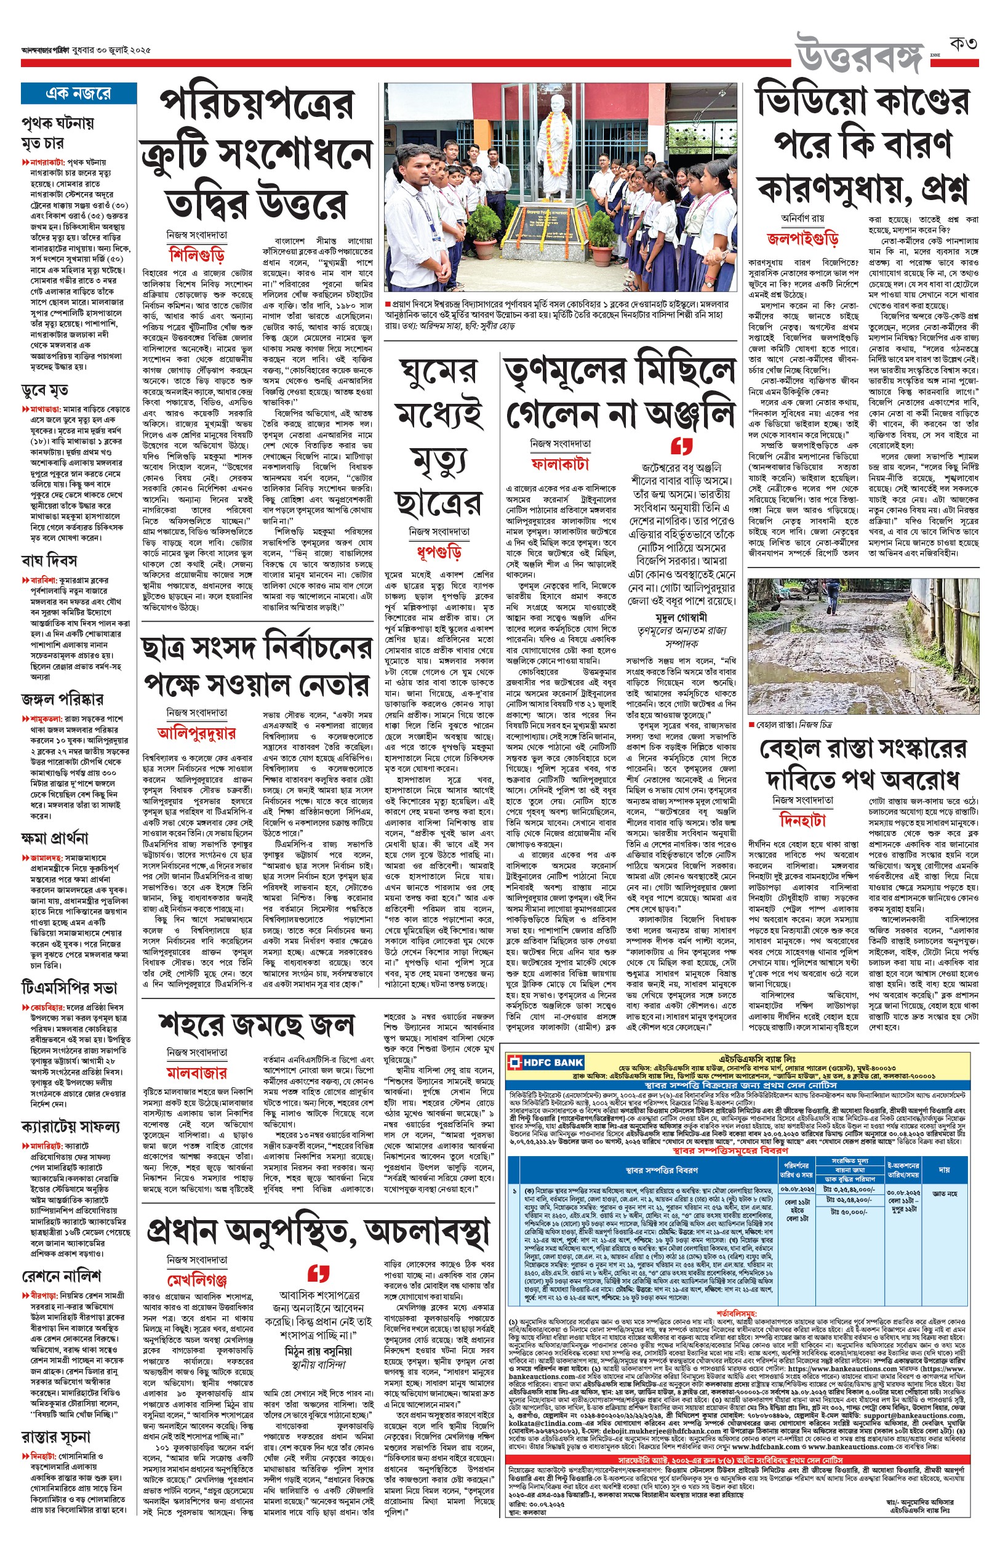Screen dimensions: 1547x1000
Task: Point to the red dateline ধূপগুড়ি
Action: tap(439, 552)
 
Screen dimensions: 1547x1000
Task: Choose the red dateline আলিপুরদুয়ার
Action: tap(197, 733)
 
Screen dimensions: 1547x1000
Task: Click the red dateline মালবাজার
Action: tap(197, 1072)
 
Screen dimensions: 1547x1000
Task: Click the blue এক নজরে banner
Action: tap(79, 94)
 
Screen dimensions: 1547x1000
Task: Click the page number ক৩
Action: tap(962, 44)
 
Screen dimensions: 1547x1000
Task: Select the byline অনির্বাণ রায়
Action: tap(802, 219)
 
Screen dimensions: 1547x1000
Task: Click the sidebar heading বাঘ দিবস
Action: tap(49, 560)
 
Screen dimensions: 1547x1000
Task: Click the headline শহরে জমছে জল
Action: tap(257, 1024)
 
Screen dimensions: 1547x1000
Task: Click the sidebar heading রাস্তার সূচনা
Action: tap(56, 1437)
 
